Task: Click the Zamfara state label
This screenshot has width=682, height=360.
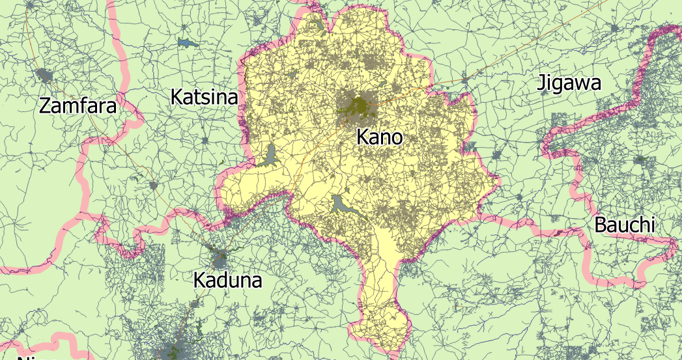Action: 78,105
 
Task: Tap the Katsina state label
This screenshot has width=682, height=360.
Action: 203,98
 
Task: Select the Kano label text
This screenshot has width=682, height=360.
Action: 380,137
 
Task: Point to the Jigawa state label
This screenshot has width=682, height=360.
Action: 568,83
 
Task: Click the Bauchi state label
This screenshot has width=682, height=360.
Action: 624,225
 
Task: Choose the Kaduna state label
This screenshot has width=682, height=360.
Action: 227,281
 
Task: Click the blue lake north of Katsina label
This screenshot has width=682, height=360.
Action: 188,44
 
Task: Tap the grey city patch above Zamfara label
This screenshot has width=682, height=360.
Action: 45,76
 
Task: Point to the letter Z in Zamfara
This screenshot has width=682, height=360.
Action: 46,105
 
